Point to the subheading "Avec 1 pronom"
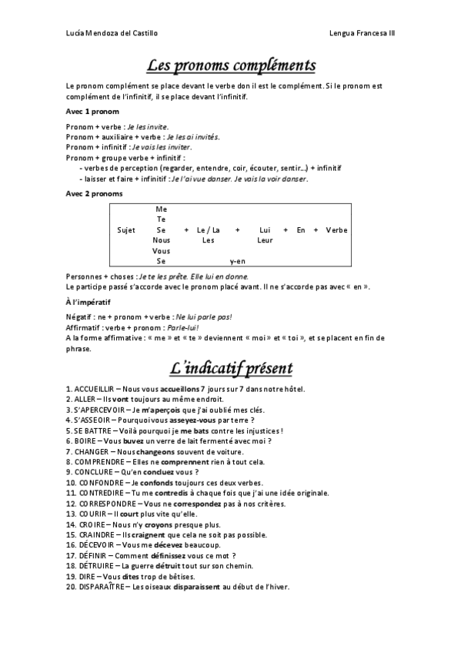(92, 112)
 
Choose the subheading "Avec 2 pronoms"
(94, 193)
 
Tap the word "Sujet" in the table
(126, 230)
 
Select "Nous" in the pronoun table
(162, 240)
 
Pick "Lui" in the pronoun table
(265, 230)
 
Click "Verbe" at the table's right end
(336, 230)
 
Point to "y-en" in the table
(237, 261)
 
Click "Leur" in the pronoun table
(265, 240)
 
